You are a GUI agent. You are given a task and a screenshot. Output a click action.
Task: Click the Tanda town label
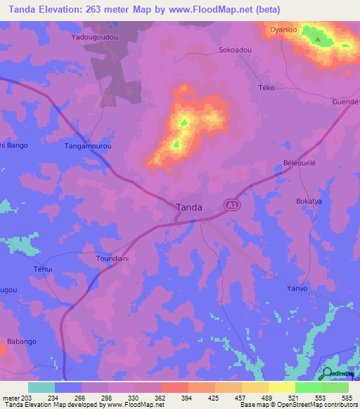[x=188, y=207]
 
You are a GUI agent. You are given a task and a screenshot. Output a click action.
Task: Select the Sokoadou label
[x=236, y=51]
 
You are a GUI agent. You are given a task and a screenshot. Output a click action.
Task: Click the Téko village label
[x=267, y=88]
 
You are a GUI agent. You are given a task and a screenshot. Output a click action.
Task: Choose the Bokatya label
[x=309, y=201]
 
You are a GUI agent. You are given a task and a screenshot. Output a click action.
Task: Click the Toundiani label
[x=111, y=259]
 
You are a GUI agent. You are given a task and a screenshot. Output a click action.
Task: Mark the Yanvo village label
[x=299, y=288]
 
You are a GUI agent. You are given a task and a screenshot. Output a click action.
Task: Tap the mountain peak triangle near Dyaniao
[x=318, y=39]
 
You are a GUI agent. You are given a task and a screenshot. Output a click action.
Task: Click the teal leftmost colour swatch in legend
[x=41, y=387]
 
